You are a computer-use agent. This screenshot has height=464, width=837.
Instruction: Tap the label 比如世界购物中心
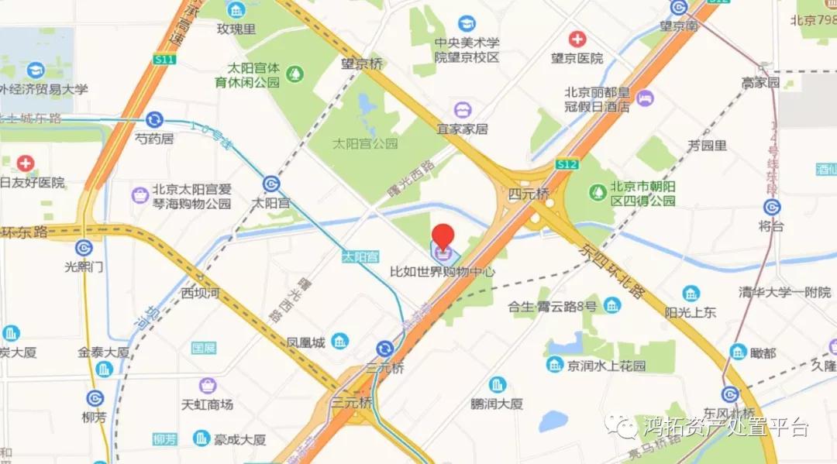point(442,273)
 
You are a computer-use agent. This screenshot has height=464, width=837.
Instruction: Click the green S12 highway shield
point(567,164)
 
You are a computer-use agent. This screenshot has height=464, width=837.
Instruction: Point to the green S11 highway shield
point(164,59)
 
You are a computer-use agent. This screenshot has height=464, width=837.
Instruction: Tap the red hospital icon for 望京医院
point(577,39)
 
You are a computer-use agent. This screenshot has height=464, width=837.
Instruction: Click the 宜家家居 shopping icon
point(463,109)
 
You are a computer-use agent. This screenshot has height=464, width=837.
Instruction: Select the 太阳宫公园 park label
point(364,143)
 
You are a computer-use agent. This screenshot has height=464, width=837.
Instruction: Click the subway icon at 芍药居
point(154,119)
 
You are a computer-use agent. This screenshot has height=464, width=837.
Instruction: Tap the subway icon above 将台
point(771,207)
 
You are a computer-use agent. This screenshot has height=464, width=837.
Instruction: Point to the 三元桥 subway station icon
point(385,349)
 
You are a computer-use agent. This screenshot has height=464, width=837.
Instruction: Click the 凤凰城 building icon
point(339,341)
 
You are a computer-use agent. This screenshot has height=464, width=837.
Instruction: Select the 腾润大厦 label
point(497,404)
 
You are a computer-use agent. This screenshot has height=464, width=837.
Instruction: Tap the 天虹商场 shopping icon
point(207,385)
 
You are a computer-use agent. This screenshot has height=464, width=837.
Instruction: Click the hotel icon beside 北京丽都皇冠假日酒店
point(645,98)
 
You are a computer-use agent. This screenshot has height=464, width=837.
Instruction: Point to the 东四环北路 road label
point(611,270)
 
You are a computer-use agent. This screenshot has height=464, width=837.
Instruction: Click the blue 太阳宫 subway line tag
point(360,256)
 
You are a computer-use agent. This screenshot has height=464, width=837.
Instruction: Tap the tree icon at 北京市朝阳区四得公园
point(598,191)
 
